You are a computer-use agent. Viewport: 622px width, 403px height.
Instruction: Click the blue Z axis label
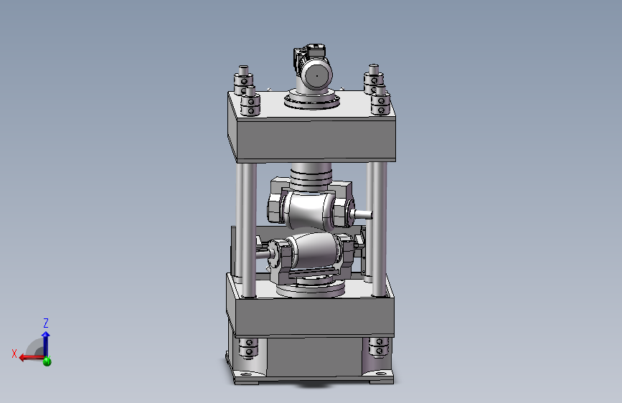point(46,323)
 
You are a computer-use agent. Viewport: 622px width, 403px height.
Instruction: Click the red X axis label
point(14,354)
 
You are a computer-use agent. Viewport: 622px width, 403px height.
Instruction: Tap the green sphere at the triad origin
point(47,361)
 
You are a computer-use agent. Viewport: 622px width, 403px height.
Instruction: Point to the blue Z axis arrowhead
point(46,335)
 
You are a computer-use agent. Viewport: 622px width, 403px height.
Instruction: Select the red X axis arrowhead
point(23,358)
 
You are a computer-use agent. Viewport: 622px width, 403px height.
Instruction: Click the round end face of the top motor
point(316,75)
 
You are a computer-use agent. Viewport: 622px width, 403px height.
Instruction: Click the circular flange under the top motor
point(312,100)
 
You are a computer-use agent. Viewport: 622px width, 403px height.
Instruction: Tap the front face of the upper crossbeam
point(316,139)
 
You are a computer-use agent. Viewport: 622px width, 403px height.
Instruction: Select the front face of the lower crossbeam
point(314,316)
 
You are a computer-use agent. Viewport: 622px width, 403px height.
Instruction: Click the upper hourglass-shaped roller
point(308,209)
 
